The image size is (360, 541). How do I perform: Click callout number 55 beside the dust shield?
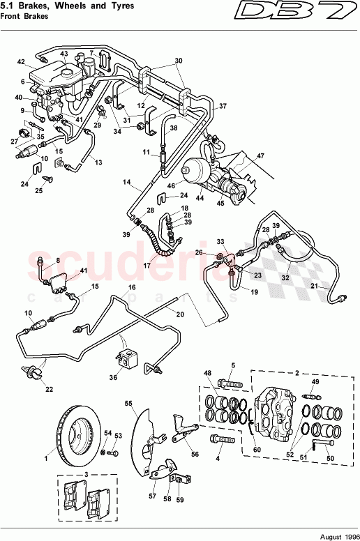pos(128,404)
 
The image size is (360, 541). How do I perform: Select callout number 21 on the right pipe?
pos(315,286)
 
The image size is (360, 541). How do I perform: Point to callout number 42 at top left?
pos(21,61)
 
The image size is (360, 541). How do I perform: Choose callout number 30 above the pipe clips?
pos(178,61)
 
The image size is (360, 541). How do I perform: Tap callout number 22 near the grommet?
pos(39,389)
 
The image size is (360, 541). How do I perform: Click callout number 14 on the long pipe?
pos(127,182)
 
